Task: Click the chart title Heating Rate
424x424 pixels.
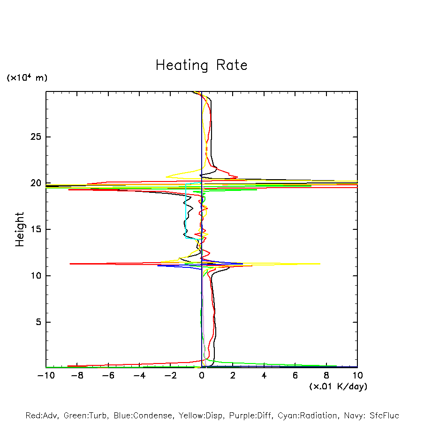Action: tap(201, 65)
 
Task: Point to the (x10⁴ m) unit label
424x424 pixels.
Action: tap(27, 78)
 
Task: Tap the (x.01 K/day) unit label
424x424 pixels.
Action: tap(338, 386)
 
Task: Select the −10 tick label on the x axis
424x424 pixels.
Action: tap(45, 376)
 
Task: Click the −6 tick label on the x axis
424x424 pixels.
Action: tap(108, 376)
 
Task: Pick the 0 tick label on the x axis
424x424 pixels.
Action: tap(202, 376)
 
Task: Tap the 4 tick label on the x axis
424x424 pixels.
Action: tap(264, 376)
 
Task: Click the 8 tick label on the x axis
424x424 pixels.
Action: tap(326, 376)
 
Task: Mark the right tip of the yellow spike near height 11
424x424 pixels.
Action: tap(320, 264)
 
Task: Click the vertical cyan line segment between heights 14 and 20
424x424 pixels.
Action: tap(186, 211)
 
